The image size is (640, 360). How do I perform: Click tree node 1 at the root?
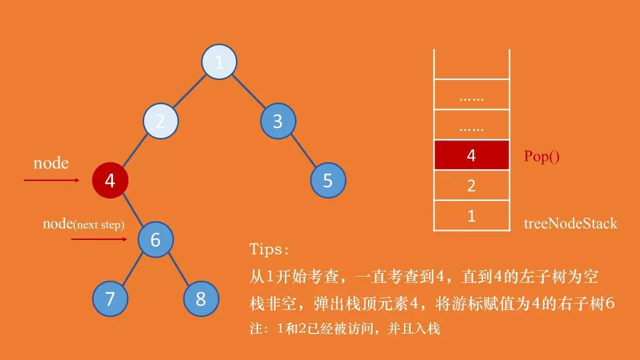point(219,62)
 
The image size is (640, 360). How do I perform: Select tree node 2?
point(160,122)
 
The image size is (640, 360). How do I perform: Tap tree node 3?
point(277,122)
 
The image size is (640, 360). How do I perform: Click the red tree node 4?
point(110,181)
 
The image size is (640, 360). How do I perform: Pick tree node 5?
point(328,181)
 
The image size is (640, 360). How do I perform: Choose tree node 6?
point(155,240)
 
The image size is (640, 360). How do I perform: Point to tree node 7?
point(110,299)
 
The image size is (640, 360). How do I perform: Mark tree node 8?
point(201,299)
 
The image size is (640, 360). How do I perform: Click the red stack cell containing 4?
point(471,155)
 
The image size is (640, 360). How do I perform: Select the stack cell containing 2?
point(471,186)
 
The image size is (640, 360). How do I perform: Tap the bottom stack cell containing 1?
point(471,216)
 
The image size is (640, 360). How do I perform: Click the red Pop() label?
point(542,158)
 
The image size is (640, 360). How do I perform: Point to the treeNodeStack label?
point(570,223)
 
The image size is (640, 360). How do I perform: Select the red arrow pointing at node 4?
point(52,180)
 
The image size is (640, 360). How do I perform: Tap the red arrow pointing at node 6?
point(99,239)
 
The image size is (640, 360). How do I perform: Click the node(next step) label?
point(84,224)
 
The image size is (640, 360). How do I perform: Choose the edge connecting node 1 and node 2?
point(190,92)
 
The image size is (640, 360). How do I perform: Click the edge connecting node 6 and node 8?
point(178,269)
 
